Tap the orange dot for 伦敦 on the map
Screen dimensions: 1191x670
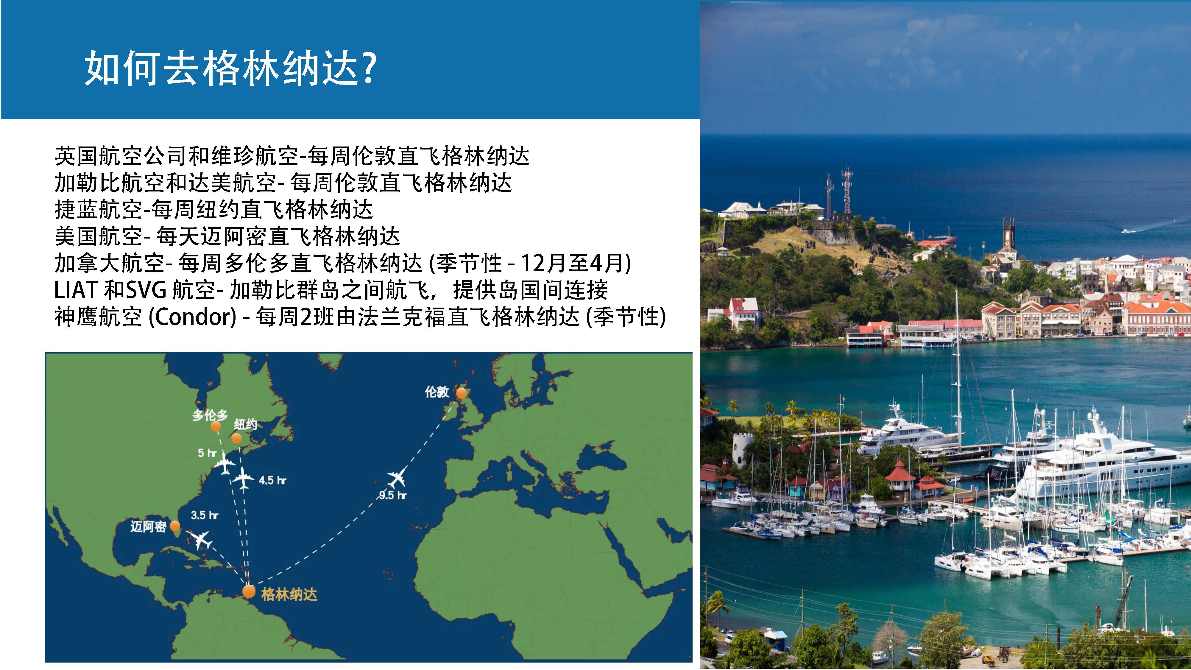point(462,393)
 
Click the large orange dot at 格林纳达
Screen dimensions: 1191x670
point(249,591)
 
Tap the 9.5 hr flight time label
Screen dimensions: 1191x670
point(392,495)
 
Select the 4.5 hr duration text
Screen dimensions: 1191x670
point(272,480)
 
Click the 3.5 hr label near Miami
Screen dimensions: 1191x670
point(204,515)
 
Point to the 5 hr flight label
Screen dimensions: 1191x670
point(207,453)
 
